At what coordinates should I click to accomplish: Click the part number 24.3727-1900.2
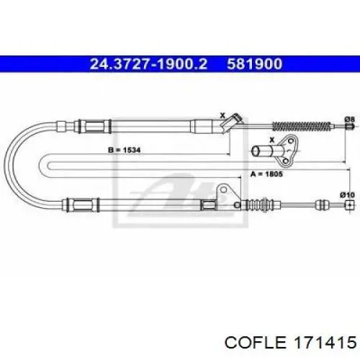148,64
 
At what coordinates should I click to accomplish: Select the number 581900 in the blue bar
255,64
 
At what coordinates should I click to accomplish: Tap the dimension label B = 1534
125,150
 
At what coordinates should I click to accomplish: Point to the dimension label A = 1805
266,174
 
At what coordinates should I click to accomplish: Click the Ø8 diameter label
349,119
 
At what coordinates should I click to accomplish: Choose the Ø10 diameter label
348,195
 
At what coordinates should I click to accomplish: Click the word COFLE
256,342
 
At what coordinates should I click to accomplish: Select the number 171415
325,342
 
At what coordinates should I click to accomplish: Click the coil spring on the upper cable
302,126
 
